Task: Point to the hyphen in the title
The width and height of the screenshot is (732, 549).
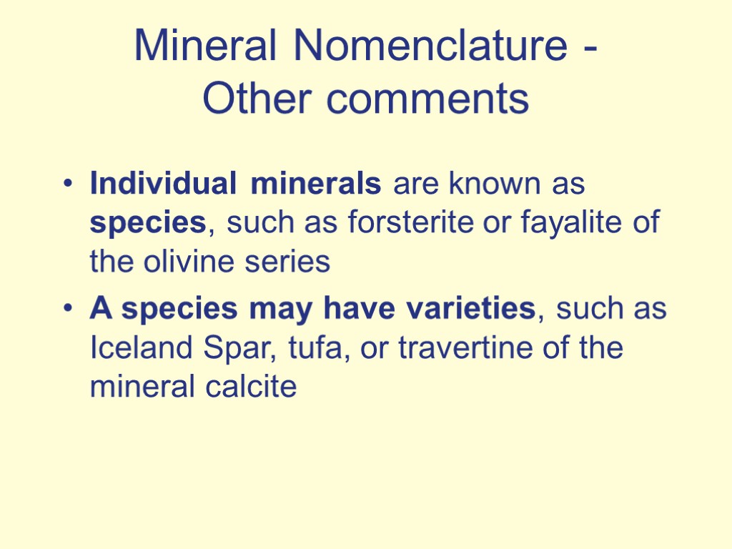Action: click(590, 50)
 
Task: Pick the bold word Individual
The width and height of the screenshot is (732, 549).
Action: click(162, 184)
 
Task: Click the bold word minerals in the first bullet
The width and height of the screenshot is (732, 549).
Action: click(316, 184)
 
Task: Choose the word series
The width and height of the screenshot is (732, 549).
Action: click(292, 262)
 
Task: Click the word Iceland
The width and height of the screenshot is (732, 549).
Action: click(134, 349)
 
